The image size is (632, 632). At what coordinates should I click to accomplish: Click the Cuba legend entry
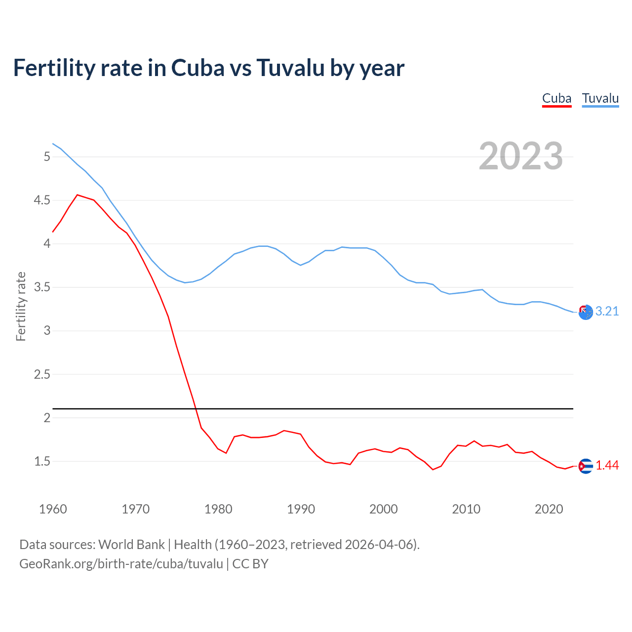556,98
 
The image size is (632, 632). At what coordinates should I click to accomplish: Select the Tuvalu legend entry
600,98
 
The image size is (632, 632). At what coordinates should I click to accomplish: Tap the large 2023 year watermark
521,156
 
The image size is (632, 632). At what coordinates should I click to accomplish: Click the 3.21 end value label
607,311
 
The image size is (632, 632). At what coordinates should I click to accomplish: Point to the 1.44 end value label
607,465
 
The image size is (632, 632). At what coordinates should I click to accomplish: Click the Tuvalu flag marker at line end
586,312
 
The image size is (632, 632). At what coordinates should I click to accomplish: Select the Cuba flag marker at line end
586,466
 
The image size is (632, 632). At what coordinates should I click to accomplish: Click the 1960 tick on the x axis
53,509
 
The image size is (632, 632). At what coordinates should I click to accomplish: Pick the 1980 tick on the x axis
218,509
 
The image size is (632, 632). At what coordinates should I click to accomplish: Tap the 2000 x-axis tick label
383,509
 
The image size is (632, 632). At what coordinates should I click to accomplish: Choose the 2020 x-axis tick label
549,509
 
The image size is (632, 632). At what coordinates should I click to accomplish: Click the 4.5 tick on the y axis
41,200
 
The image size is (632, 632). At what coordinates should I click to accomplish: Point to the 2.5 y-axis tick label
41,374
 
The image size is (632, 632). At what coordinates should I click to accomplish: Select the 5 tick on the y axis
47,157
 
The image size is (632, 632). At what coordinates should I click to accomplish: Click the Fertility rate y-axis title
21,306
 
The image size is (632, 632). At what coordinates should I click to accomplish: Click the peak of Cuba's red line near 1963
77,195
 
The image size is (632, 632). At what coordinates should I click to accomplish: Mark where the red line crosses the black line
196,409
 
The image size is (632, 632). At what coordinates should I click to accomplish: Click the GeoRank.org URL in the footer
121,564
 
